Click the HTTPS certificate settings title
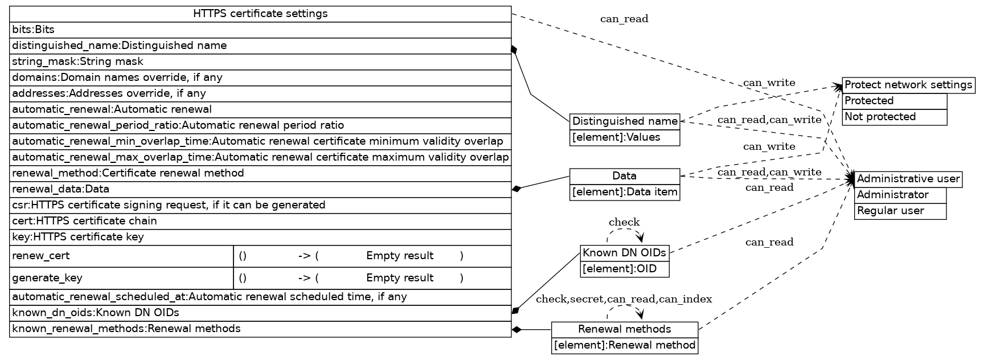tap(260, 14)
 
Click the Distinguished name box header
tap(625, 121)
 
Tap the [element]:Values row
tap(625, 137)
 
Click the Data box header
tap(625, 176)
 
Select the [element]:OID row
tap(624, 269)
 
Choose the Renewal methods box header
tap(624, 329)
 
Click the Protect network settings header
tap(908, 85)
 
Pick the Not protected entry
tap(894, 117)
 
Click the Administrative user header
tap(908, 179)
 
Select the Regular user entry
tap(900, 211)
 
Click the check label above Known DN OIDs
tap(624, 222)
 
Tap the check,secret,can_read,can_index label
tap(624, 299)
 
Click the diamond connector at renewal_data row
tap(516, 189)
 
